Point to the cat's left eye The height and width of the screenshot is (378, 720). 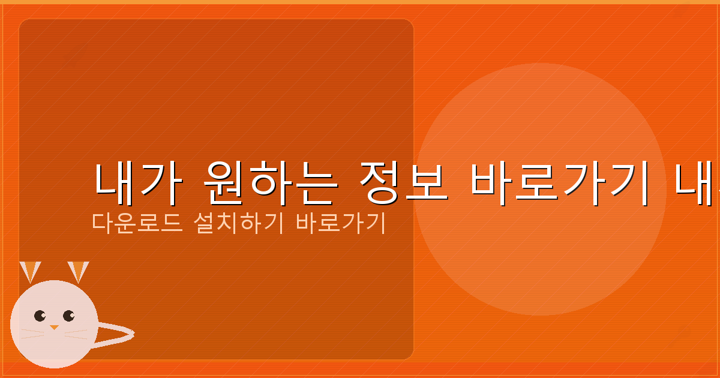tap(40, 316)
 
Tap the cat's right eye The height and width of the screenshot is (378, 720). tap(68, 316)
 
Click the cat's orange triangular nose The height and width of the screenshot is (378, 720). tap(54, 328)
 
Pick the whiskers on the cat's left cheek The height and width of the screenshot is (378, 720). tap(33, 334)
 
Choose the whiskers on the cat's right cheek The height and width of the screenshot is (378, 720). tap(76, 334)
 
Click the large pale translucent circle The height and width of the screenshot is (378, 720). tap(540, 120)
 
